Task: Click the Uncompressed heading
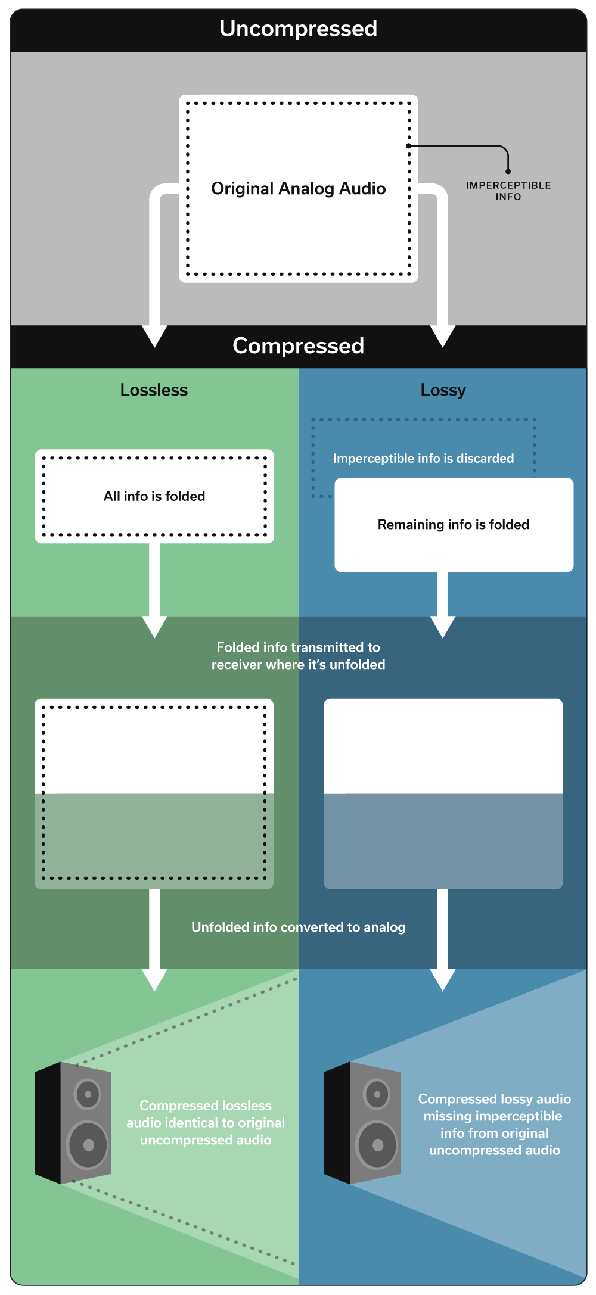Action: [x=298, y=29]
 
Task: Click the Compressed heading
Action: [x=298, y=346]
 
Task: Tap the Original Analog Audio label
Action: [x=298, y=189]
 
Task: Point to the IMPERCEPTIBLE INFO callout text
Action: [x=508, y=191]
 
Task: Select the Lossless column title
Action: [x=154, y=390]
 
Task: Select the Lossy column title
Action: [x=443, y=390]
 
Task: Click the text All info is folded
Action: [x=154, y=496]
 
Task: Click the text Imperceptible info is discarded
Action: [x=423, y=459]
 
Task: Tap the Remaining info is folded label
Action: [x=454, y=525]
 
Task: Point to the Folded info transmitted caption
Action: [x=298, y=656]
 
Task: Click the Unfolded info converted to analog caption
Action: [x=298, y=927]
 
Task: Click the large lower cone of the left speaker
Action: [x=88, y=1144]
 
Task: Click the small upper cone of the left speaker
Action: [x=88, y=1094]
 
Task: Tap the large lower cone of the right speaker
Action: [x=377, y=1144]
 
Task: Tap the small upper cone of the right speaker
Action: [x=377, y=1094]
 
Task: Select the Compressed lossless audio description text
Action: [x=206, y=1123]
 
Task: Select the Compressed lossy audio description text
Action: [x=494, y=1125]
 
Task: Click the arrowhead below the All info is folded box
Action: [x=154, y=627]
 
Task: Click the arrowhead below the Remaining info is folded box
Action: [x=443, y=627]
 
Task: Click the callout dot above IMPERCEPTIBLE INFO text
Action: [x=508, y=172]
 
